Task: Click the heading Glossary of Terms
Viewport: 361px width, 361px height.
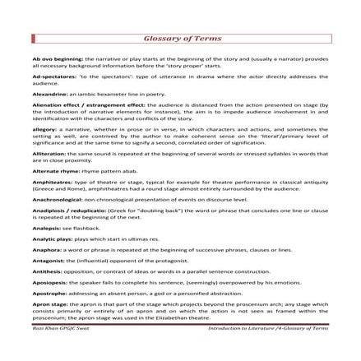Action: click(x=181, y=39)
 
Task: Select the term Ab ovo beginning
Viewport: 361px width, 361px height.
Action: click(x=53, y=59)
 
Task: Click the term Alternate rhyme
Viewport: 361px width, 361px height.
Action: click(x=52, y=170)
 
